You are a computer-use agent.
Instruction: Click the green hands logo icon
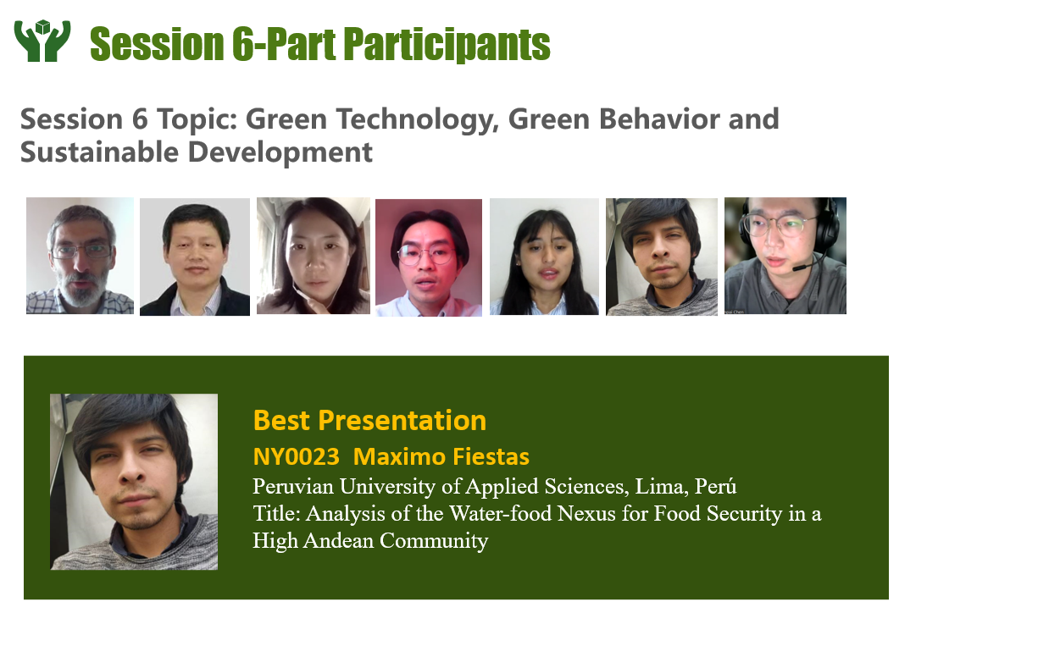(42, 41)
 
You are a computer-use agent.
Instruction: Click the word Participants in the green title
(447, 45)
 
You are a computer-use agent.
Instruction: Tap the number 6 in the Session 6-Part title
(242, 45)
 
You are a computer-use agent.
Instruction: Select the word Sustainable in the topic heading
(99, 152)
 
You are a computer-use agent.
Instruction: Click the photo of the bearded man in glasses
(80, 256)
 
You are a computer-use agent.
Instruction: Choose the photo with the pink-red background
(429, 257)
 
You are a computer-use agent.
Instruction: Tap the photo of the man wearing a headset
(785, 256)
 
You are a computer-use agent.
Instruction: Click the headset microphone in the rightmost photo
(804, 266)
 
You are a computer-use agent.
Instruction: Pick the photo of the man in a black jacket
(195, 257)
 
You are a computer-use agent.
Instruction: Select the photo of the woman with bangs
(544, 257)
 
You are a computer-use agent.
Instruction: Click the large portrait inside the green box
(134, 482)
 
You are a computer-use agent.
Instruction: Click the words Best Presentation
(369, 421)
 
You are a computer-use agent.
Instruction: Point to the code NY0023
(296, 456)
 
